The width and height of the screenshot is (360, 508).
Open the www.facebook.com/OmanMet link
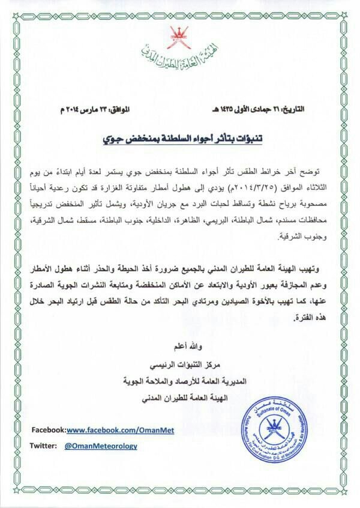coord(108,431)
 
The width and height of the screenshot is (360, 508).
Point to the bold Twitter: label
coord(44,446)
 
